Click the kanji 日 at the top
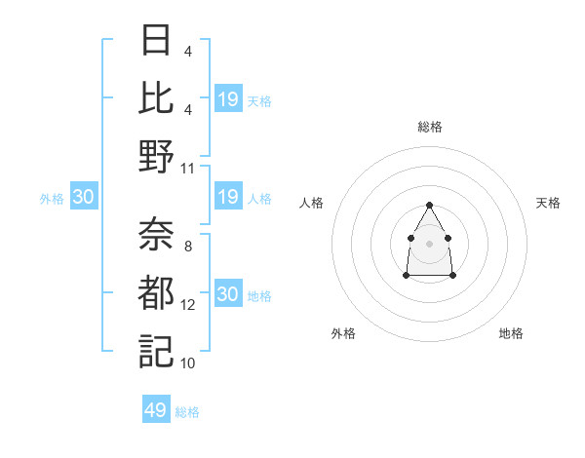pyautogui.click(x=156, y=43)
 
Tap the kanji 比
pyautogui.click(x=156, y=99)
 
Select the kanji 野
pyautogui.click(x=156, y=156)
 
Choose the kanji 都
pyautogui.click(x=156, y=292)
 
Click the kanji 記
pyautogui.click(x=156, y=350)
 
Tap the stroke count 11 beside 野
pyautogui.click(x=188, y=168)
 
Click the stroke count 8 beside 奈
pyautogui.click(x=187, y=247)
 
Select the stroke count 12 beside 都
pyautogui.click(x=188, y=305)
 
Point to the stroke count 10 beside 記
pyautogui.click(x=188, y=363)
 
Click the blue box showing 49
pyautogui.click(x=156, y=410)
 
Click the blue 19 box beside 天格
pyautogui.click(x=228, y=99)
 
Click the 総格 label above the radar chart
pyautogui.click(x=430, y=127)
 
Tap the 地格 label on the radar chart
pyautogui.click(x=511, y=333)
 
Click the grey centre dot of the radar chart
pyautogui.click(x=429, y=243)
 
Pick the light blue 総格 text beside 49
pyautogui.click(x=187, y=412)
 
